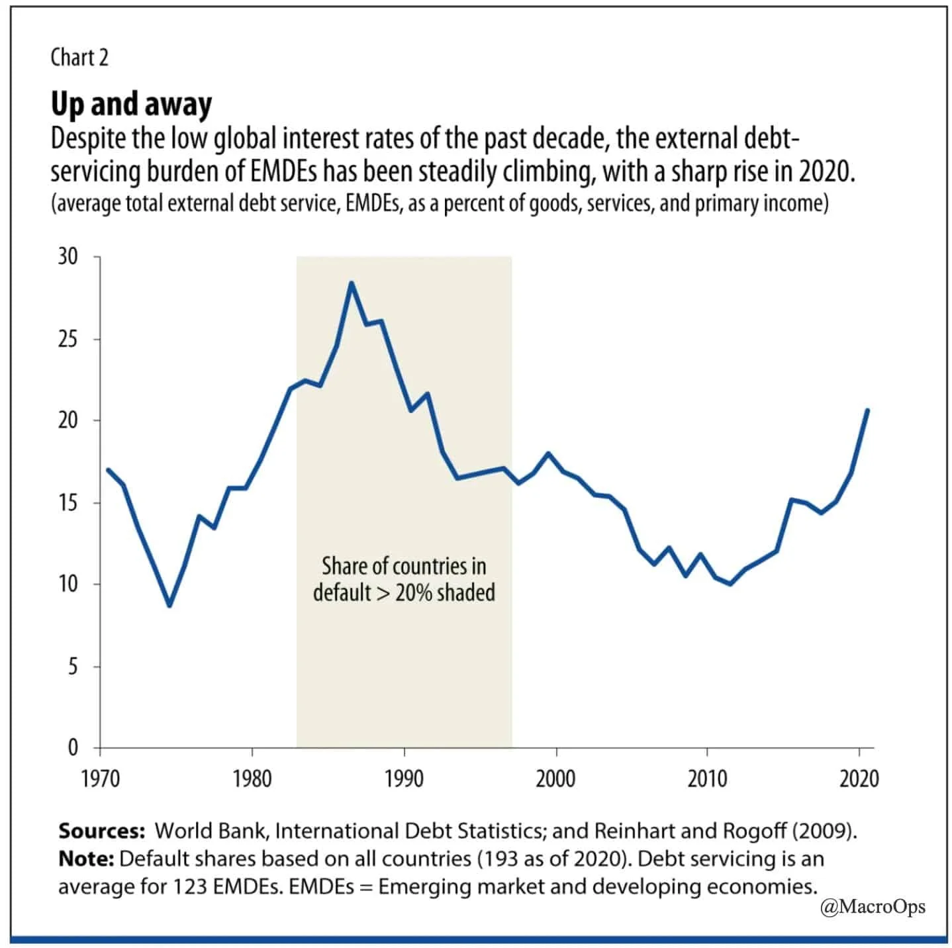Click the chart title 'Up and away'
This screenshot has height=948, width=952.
131,104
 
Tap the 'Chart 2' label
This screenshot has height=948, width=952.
79,58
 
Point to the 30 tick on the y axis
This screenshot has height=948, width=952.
68,256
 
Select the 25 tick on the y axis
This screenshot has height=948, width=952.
68,339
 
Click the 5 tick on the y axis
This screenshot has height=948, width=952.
72,666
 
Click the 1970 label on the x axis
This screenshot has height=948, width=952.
101,779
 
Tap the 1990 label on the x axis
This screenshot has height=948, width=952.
404,779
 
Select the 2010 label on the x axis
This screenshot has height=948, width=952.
707,779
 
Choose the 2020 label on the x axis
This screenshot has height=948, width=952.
859,779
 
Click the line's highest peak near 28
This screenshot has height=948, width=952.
352,283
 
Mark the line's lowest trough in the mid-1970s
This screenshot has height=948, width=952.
169,605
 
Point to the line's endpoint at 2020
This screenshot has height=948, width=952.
867,410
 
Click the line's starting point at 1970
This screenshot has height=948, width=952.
108,469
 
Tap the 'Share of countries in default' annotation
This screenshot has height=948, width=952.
404,579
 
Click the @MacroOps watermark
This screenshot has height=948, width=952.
873,906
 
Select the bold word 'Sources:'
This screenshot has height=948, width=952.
101,831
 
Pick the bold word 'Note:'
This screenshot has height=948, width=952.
86,859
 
